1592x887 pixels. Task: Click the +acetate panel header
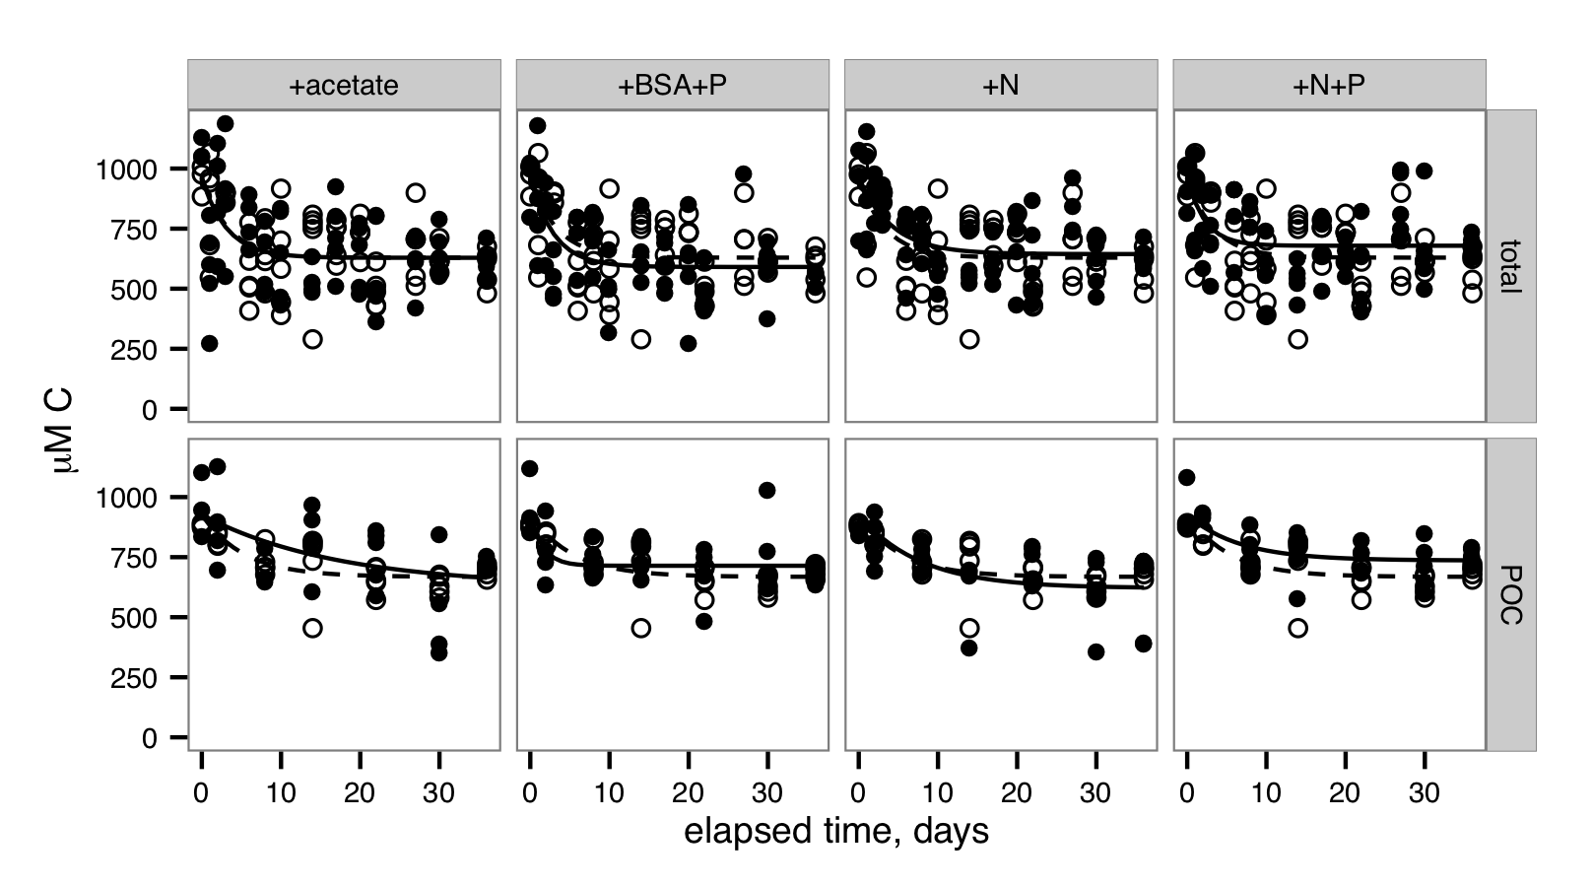[344, 86]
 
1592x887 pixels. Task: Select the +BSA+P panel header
[672, 86]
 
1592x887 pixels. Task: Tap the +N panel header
[1000, 86]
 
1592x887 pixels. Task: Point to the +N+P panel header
[1328, 86]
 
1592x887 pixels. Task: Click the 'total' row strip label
[1510, 266]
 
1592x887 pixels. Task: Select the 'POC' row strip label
[1510, 594]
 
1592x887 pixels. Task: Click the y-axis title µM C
[68, 431]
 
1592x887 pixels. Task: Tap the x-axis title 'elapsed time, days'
[836, 832]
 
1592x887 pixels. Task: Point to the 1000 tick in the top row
[126, 170]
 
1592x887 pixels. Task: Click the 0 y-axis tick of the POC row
[150, 739]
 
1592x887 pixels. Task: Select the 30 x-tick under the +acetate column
[438, 793]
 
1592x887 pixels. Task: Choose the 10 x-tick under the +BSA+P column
[609, 793]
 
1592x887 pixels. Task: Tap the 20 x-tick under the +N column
[1017, 793]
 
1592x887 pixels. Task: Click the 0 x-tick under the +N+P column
[1187, 793]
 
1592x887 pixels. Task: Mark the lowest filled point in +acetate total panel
[209, 343]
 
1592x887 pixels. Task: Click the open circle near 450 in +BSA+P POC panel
[640, 628]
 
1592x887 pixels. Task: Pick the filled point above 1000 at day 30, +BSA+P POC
[767, 490]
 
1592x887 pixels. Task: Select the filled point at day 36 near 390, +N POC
[1143, 644]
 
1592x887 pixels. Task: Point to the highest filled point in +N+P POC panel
[1187, 477]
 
